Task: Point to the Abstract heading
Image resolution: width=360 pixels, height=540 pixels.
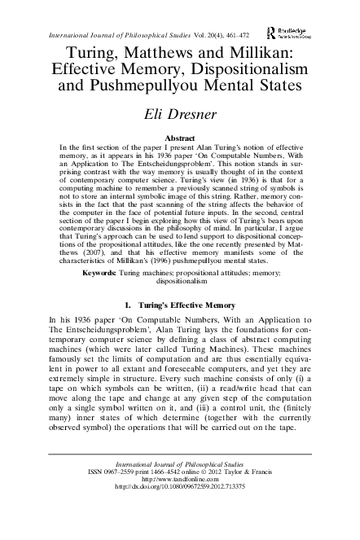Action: point(179,138)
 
